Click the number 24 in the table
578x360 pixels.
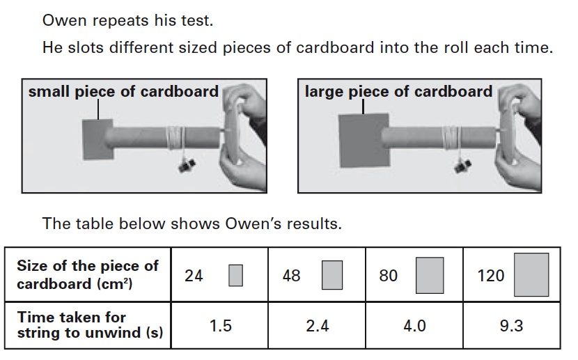[194, 276]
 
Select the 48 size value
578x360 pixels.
[291, 276]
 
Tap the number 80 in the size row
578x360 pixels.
[388, 276]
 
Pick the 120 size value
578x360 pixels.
[491, 276]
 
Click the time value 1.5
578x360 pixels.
[221, 326]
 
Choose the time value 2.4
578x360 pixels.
[317, 326]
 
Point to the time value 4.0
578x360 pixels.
[414, 326]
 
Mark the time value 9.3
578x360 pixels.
[511, 326]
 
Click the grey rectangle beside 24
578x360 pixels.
[235, 275]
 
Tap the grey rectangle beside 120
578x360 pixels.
[531, 274]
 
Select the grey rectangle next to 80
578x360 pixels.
[430, 275]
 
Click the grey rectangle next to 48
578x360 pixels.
[331, 275]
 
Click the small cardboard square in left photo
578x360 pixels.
[97, 139]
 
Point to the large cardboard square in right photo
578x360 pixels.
[364, 141]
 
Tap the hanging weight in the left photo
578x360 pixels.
[186, 165]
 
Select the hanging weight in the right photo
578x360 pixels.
[462, 166]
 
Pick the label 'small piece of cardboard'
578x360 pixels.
[123, 91]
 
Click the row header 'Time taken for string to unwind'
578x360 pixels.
[90, 324]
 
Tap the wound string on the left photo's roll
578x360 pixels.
[175, 137]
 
